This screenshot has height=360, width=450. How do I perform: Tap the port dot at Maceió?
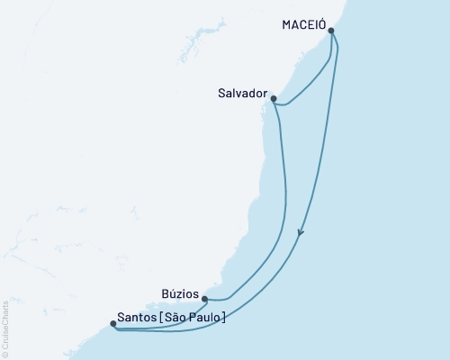[x=332, y=31]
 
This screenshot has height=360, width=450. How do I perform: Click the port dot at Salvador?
[x=273, y=99]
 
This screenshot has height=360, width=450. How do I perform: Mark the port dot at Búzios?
[x=205, y=299]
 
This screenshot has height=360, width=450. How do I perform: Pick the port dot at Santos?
[x=112, y=323]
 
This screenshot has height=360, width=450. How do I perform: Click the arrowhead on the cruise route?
[x=301, y=233]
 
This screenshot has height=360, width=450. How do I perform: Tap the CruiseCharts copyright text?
[x=5, y=329]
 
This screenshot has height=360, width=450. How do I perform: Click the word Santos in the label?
[x=135, y=317]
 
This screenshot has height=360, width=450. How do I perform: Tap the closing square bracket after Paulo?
[x=224, y=317]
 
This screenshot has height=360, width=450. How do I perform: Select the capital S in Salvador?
[x=220, y=91]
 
